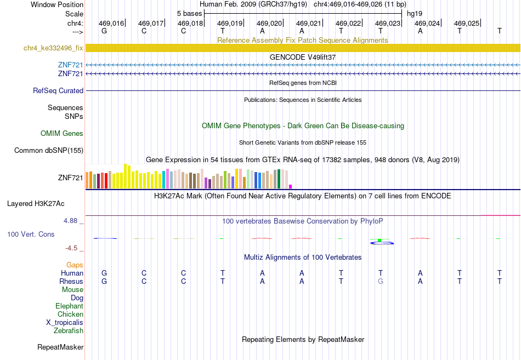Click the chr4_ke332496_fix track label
click(53, 48)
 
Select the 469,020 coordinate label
click(269, 23)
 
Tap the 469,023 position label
click(388, 23)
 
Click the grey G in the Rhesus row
click(381, 281)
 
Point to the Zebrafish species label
click(69, 331)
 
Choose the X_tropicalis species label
click(65, 323)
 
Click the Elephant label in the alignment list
click(69, 306)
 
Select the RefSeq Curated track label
click(58, 90)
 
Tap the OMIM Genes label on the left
click(62, 134)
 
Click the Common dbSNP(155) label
click(49, 151)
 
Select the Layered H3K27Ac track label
click(36, 204)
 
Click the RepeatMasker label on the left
click(60, 347)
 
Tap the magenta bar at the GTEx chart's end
click(291, 187)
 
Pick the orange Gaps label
click(75, 265)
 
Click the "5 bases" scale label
click(189, 14)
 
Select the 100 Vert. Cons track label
click(31, 235)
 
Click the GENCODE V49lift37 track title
click(303, 57)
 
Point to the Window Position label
click(57, 4)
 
